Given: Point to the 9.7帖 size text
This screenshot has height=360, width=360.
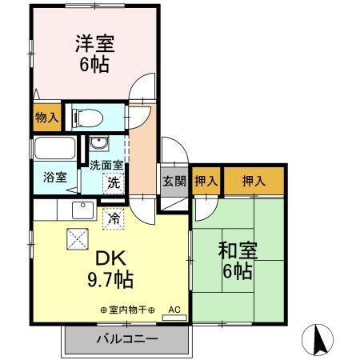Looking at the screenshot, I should [x=109, y=281].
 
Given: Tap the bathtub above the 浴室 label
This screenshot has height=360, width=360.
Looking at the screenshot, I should [x=54, y=150].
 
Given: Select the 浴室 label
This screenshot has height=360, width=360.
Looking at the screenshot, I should [x=45, y=178].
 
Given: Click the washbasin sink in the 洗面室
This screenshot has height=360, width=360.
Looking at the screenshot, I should [x=100, y=145].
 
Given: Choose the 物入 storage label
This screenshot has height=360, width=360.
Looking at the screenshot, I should [x=46, y=118].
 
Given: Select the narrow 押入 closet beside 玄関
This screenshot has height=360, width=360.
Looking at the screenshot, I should [x=206, y=182].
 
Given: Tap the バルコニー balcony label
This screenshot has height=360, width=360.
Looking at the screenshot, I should [x=126, y=338].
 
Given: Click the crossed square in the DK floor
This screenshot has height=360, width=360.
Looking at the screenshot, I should [x=77, y=237].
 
